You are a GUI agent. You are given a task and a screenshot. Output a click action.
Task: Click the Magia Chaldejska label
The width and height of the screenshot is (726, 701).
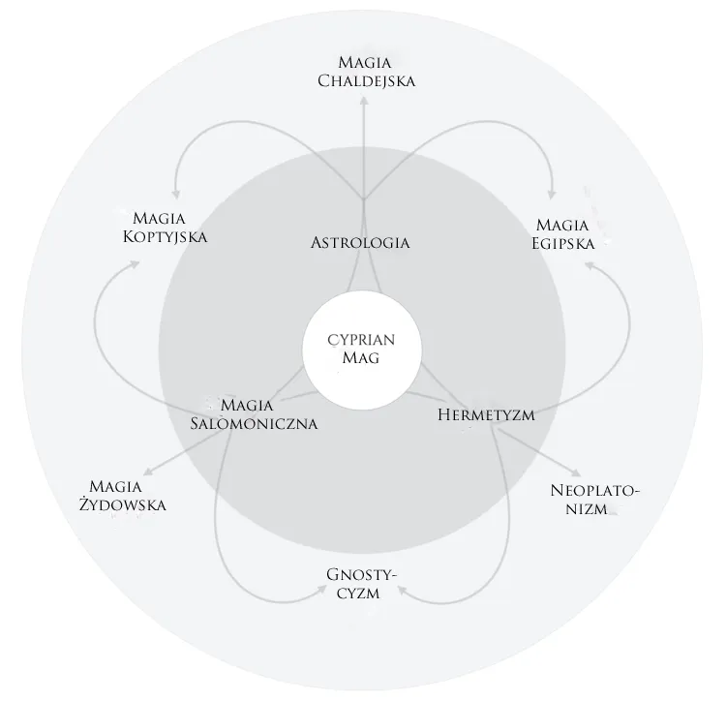point(366,72)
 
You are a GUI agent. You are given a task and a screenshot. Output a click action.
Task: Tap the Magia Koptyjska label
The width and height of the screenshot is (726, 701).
point(165,228)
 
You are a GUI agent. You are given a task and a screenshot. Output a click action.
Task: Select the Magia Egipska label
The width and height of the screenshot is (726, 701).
point(562,234)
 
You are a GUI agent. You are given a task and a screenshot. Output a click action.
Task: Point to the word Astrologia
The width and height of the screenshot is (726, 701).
point(360,243)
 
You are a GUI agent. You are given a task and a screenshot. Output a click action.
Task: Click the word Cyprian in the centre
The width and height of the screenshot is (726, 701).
point(361,340)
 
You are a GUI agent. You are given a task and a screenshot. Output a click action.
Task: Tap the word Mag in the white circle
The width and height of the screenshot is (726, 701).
point(361,357)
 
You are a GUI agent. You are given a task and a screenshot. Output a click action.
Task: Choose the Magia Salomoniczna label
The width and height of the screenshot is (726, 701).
point(254,414)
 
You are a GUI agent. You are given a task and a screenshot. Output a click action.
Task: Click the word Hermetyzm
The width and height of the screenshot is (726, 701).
point(486,414)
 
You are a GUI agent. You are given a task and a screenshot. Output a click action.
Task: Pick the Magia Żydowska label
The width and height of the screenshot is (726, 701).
point(122,496)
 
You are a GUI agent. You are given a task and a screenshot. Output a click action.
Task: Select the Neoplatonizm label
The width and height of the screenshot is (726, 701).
point(594,500)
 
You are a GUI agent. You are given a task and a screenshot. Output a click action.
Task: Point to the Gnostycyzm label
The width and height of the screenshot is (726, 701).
point(361,584)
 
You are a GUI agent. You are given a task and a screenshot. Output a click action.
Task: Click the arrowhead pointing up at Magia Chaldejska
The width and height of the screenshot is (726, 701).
point(364,102)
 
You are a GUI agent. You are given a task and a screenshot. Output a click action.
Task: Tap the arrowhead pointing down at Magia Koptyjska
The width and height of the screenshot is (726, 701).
point(176,194)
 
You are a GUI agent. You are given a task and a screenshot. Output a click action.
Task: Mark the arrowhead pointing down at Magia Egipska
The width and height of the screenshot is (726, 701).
point(551,194)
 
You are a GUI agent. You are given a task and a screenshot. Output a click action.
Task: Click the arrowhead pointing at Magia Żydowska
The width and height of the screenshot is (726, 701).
point(148,472)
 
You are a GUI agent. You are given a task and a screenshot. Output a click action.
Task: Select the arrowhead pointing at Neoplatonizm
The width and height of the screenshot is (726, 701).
point(576,472)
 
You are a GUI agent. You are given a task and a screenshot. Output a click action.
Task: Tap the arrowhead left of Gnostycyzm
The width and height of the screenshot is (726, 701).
point(320,590)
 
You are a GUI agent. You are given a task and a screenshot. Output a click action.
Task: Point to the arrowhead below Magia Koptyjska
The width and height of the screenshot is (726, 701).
point(135,264)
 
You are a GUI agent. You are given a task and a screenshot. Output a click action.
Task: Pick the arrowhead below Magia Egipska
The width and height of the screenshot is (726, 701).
point(590,265)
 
